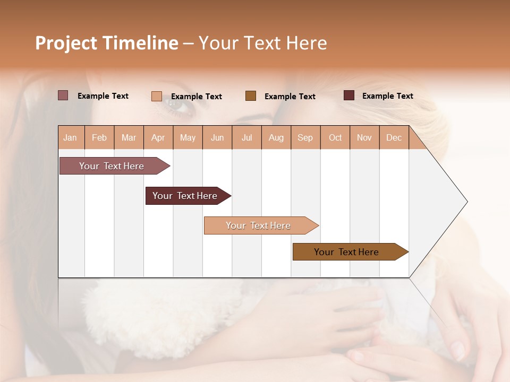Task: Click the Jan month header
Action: [71, 137]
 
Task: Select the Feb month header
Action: [99, 137]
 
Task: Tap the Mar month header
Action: [129, 137]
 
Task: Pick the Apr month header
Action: [158, 137]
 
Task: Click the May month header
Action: [188, 137]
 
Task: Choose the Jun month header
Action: [217, 137]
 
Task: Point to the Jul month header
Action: [246, 137]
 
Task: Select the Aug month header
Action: [276, 137]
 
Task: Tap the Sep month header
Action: [305, 137]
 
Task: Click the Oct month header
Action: [335, 137]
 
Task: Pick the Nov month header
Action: [364, 137]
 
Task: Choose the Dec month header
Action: [394, 137]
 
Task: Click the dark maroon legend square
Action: [349, 95]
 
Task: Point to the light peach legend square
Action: [157, 96]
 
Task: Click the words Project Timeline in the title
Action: [107, 43]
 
